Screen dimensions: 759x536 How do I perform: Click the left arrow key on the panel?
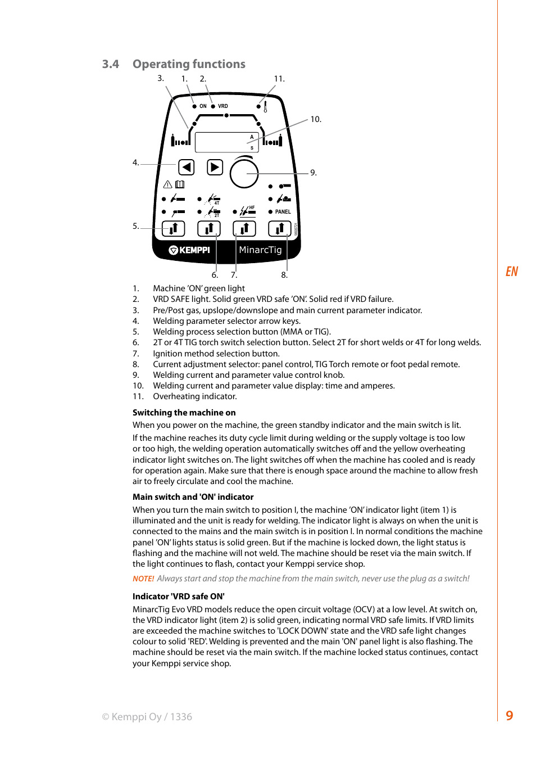187,167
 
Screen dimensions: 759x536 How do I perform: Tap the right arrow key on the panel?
215,167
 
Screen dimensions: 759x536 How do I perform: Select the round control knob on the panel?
244,174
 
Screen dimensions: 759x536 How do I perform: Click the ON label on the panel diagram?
203,106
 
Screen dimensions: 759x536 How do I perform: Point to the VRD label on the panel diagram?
223,106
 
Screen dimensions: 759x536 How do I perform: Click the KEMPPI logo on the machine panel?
189,250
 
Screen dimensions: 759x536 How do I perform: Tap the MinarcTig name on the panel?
260,250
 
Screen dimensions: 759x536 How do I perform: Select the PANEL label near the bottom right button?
283,212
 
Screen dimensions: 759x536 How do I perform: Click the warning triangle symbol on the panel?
167,184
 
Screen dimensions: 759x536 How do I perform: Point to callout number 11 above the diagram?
279,79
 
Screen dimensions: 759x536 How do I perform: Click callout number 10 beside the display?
316,120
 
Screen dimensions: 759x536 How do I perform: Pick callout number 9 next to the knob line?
314,173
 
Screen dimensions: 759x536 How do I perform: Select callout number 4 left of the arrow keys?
135,163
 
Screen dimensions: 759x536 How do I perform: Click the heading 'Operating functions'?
189,64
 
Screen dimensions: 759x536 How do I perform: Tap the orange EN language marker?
511,272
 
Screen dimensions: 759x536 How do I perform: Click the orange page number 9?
509,716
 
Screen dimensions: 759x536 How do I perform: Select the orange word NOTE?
143,579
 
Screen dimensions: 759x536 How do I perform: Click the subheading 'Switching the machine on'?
184,413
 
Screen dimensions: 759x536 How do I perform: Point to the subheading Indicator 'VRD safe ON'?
178,597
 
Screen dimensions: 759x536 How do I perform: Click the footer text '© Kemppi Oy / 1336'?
147,717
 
